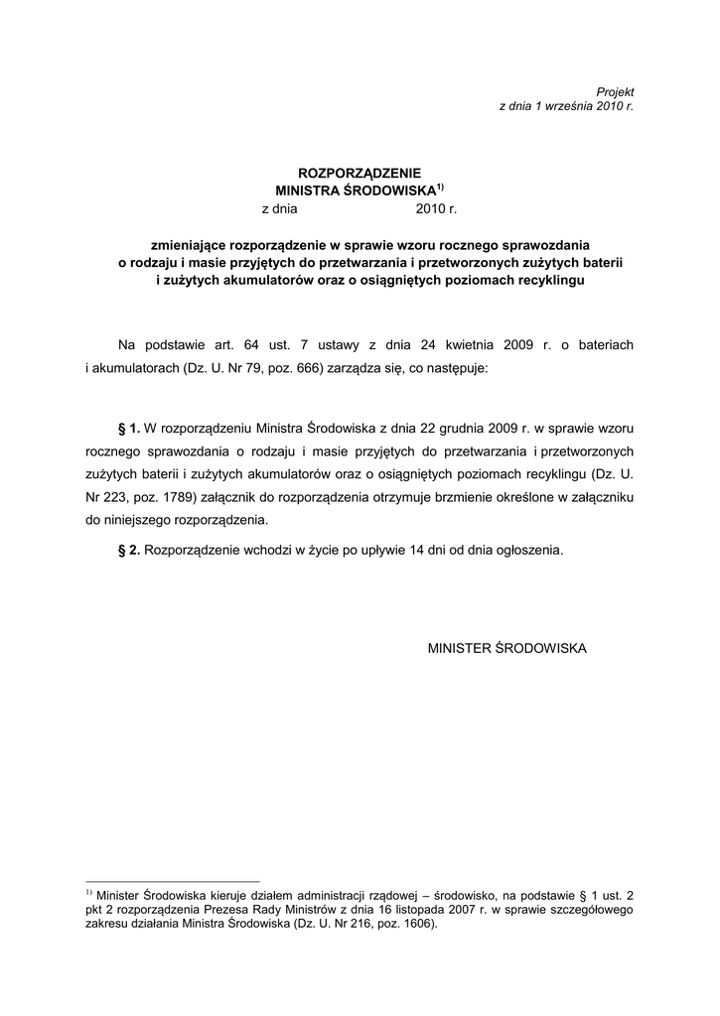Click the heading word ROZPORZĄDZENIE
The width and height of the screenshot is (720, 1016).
click(x=360, y=173)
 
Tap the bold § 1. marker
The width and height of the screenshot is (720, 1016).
click(x=129, y=429)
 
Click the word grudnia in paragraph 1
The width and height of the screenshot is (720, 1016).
click(x=457, y=429)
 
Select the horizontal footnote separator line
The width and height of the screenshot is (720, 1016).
click(x=173, y=880)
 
